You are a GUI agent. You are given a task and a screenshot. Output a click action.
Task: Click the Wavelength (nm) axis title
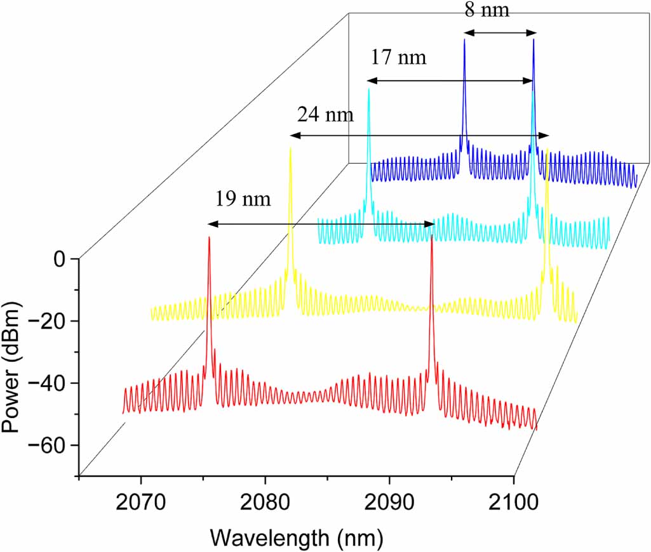coord(297,538)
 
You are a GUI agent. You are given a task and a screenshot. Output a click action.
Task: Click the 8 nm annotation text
coord(486,10)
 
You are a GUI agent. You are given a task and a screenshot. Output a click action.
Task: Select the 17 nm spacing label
coord(398,58)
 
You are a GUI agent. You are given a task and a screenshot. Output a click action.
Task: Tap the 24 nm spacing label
coord(325,115)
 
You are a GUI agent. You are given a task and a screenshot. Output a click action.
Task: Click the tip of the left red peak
coord(209,237)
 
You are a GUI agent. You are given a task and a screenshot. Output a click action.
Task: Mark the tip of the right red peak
coord(432,236)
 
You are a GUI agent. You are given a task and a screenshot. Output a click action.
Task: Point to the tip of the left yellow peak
coord(290,148)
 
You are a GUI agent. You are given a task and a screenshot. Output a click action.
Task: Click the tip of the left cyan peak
coord(368,89)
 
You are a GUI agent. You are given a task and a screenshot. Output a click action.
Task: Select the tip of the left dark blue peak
coord(464,40)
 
